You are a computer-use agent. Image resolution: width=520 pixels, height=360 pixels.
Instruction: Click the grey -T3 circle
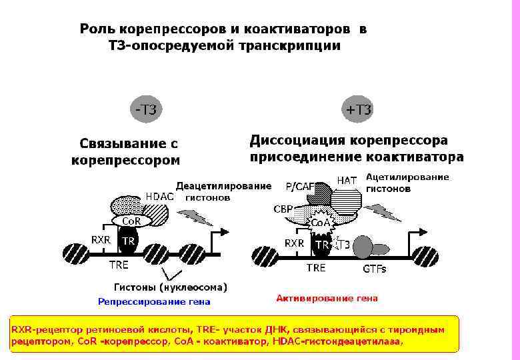[146, 110]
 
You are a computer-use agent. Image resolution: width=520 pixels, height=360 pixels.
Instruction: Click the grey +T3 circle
[359, 110]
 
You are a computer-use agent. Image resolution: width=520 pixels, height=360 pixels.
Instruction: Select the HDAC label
[159, 197]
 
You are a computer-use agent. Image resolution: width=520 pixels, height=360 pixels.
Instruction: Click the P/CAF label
[299, 186]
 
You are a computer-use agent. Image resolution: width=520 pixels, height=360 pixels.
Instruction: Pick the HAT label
[347, 180]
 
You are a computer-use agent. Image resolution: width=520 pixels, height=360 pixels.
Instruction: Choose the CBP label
[283, 209]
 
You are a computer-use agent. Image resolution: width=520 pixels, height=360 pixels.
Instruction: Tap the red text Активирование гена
[327, 298]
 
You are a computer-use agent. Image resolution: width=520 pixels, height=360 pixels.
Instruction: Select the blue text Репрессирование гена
[154, 301]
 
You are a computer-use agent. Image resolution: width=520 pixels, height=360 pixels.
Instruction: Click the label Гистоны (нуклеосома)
[171, 287]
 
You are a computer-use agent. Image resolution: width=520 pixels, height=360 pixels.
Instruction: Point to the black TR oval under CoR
[128, 241]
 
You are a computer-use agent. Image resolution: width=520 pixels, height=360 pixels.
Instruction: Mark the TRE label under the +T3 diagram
[316, 268]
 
